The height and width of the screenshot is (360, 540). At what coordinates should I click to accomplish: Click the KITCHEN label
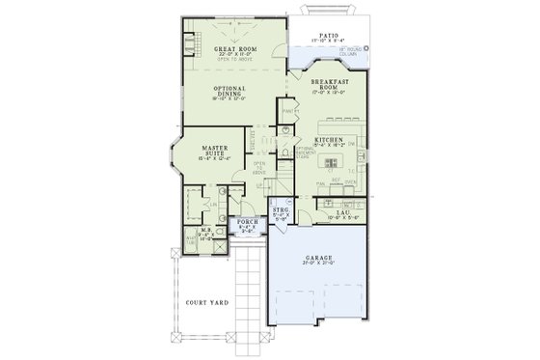click(x=329, y=140)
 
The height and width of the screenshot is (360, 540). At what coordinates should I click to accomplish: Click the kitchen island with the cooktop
click(x=337, y=157)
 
